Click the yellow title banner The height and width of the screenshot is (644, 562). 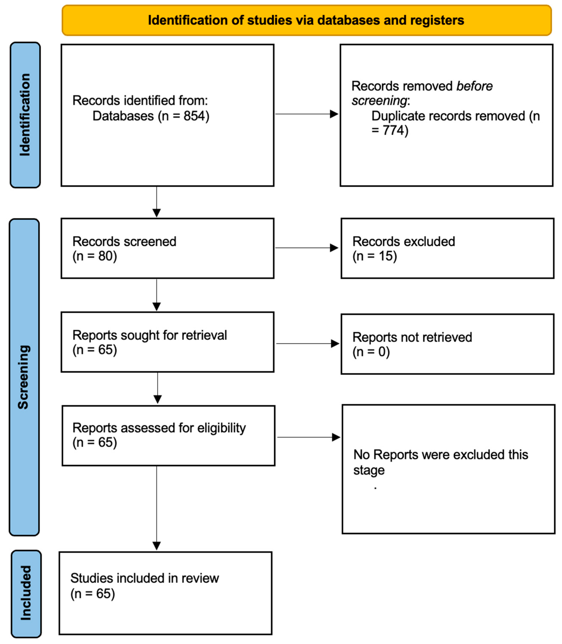tap(306, 20)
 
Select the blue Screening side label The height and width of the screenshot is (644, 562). tap(24, 377)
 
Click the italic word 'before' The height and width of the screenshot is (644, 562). tap(474, 86)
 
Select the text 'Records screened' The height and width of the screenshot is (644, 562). tap(124, 241)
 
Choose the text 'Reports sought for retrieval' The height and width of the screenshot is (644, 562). tap(150, 335)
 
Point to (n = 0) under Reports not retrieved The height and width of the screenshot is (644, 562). tap(371, 352)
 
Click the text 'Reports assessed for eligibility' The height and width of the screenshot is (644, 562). tap(159, 428)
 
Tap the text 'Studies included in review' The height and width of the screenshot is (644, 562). tap(144, 578)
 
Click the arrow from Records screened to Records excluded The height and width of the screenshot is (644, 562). tap(306, 248)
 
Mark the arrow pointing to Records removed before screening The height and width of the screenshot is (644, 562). tap(306, 114)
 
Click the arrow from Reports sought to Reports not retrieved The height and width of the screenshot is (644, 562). tap(307, 343)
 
